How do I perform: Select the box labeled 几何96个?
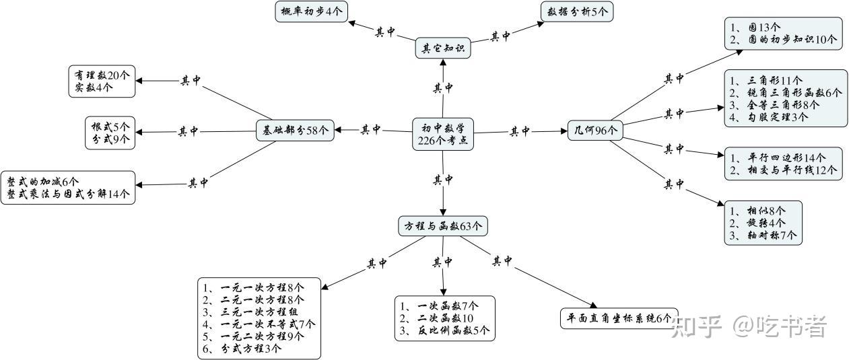point(592,131)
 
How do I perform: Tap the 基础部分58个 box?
point(296,131)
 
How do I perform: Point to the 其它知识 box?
point(442,48)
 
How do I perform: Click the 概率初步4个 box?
point(310,11)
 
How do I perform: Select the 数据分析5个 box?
point(576,11)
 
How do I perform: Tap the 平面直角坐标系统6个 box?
point(619,318)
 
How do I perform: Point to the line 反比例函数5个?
point(446,330)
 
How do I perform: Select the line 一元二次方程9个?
point(259,336)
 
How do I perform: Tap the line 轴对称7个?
point(762,235)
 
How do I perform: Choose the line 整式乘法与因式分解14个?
point(68,194)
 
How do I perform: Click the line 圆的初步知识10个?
point(783,40)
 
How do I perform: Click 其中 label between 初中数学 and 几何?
point(519,131)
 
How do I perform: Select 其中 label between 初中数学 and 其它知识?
point(442,87)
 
